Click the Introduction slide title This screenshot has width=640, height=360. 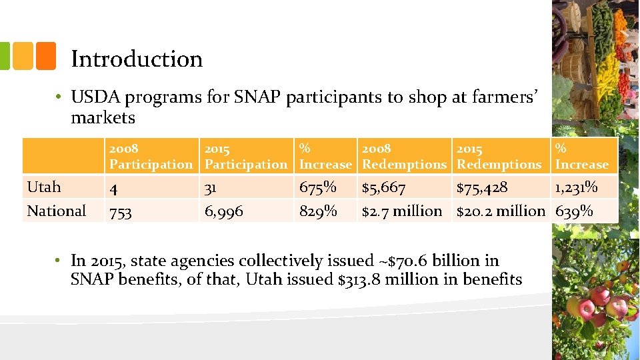[137, 59]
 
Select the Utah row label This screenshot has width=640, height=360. [44, 187]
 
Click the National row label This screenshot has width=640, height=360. [57, 211]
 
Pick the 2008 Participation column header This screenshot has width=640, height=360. [151, 156]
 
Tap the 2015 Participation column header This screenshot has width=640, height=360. [246, 156]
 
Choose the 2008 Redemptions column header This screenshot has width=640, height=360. [404, 156]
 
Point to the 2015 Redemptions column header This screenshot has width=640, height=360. [499, 156]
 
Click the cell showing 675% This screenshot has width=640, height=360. [318, 187]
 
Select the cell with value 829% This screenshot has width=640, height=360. [318, 211]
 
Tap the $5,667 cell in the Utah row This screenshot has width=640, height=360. [383, 188]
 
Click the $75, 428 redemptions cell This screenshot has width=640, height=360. [481, 188]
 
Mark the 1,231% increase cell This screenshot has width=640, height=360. [576, 188]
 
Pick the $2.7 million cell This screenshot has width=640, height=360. [402, 211]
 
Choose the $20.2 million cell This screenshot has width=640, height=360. [501, 211]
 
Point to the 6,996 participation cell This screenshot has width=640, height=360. [224, 212]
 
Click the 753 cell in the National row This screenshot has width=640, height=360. [121, 212]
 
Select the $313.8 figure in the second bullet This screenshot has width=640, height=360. [362, 279]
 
